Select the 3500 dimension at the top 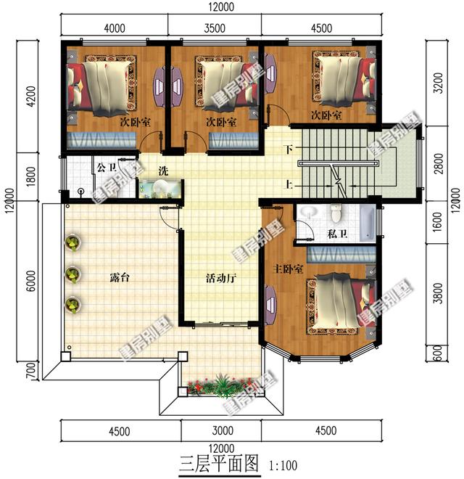[217, 28]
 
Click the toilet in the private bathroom [335, 215]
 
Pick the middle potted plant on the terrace [72, 274]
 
